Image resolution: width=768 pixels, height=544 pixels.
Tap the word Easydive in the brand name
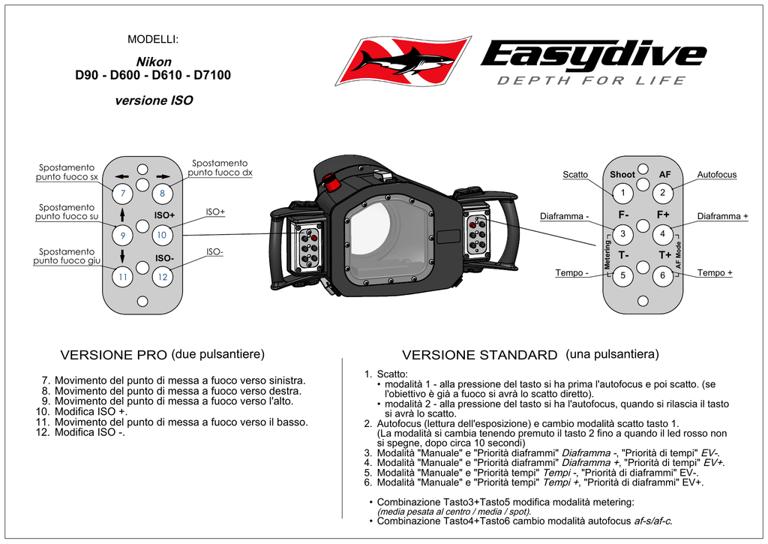(x=592, y=55)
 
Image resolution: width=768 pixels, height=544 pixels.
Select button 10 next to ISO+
(x=162, y=235)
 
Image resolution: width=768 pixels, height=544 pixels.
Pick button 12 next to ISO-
(x=162, y=277)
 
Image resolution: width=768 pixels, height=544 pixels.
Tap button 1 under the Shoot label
(x=622, y=193)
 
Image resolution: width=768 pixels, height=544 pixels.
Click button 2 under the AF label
(x=663, y=193)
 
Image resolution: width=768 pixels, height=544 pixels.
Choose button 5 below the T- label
(x=622, y=276)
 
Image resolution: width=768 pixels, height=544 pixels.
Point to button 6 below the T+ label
(x=663, y=276)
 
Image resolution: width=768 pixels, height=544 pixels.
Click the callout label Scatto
(x=575, y=175)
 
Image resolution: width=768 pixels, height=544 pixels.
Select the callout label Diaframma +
(x=722, y=216)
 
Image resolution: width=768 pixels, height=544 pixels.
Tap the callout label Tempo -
(x=571, y=272)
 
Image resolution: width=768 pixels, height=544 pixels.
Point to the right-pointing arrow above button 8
(x=162, y=176)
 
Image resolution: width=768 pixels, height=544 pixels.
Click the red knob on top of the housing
(x=331, y=182)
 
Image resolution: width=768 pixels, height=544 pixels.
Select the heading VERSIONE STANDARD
(x=479, y=355)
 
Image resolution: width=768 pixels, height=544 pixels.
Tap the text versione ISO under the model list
(x=154, y=100)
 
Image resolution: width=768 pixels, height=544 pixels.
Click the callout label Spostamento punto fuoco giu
(x=67, y=257)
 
